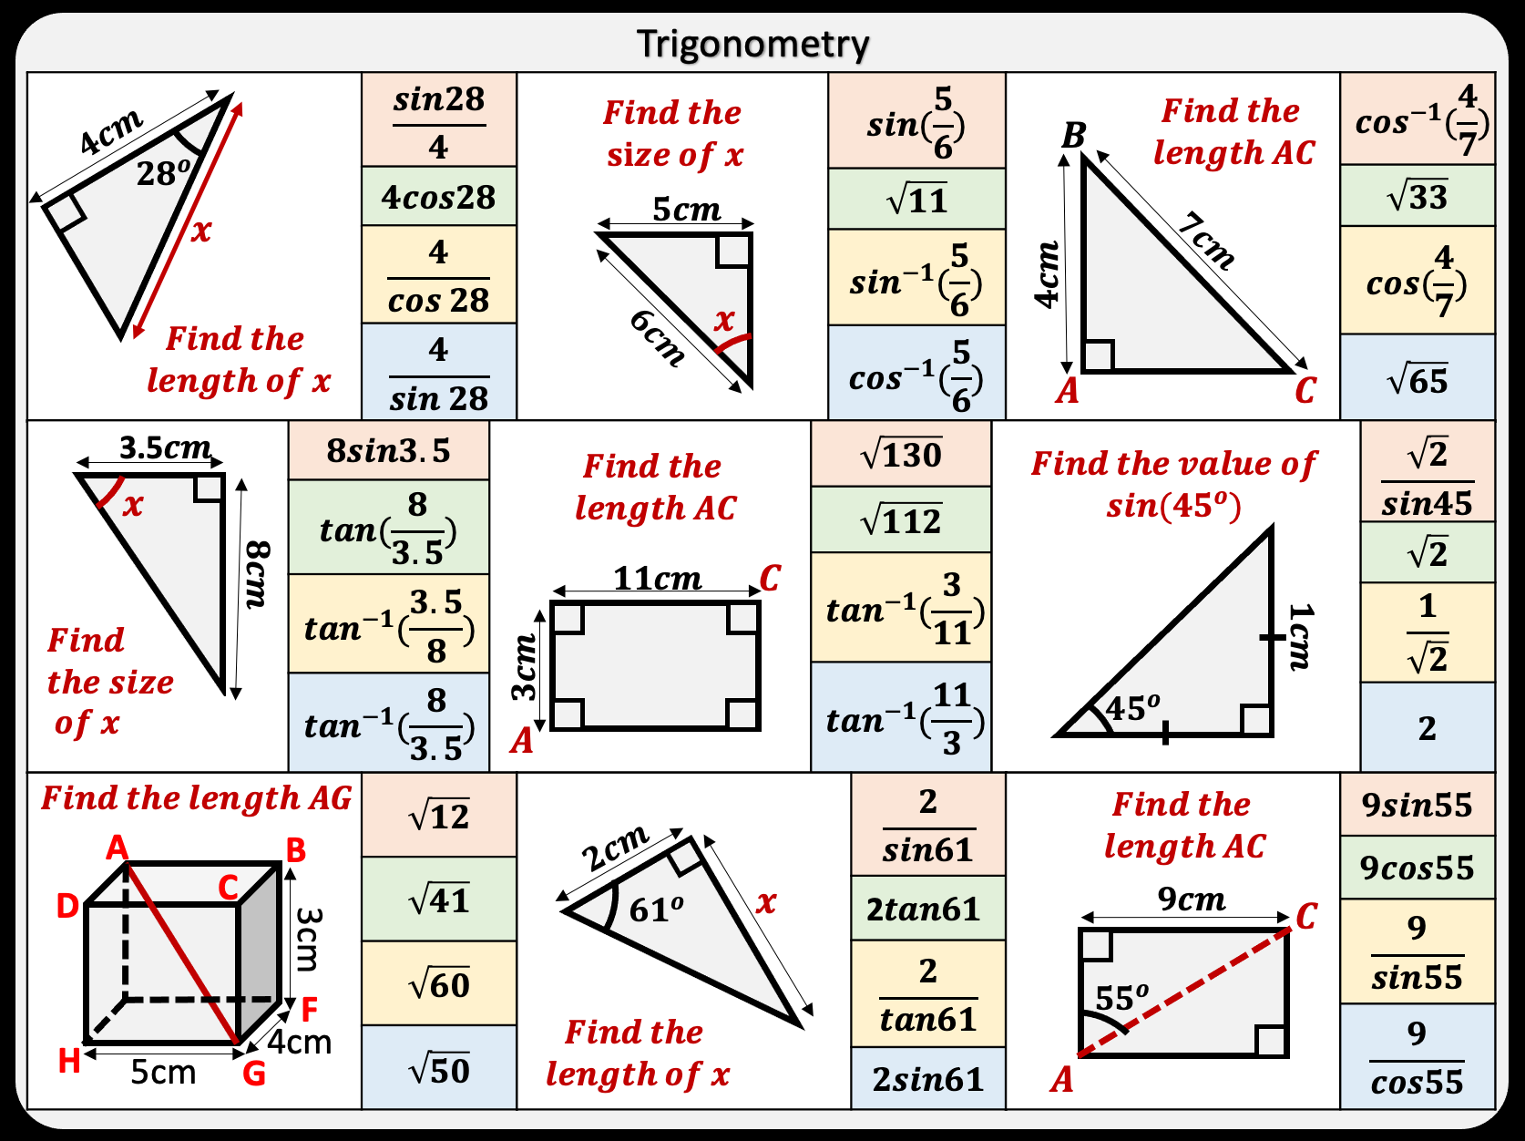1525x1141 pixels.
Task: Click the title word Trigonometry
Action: tap(752, 44)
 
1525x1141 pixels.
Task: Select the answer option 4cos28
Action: tap(438, 197)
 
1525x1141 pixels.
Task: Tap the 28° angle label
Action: tap(163, 172)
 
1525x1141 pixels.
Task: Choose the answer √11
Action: tap(916, 200)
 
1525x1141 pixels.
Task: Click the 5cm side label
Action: tap(686, 210)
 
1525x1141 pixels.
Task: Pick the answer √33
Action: tap(1417, 196)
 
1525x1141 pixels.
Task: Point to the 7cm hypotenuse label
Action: tap(1206, 242)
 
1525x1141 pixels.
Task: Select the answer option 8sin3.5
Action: tap(388, 451)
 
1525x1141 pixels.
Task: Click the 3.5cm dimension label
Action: tap(165, 447)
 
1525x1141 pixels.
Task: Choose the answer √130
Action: tap(901, 454)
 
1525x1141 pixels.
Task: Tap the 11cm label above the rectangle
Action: tap(657, 579)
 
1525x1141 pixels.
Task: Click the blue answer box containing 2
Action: tap(1427, 727)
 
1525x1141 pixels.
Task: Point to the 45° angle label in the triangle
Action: tap(1132, 707)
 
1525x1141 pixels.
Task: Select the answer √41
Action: tap(439, 900)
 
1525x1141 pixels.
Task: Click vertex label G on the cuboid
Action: tap(254, 1074)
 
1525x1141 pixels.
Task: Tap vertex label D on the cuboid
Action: tap(67, 906)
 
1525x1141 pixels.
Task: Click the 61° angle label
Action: tap(656, 910)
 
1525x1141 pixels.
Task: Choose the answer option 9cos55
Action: tap(1417, 868)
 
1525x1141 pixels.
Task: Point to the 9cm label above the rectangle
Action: tap(1191, 899)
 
